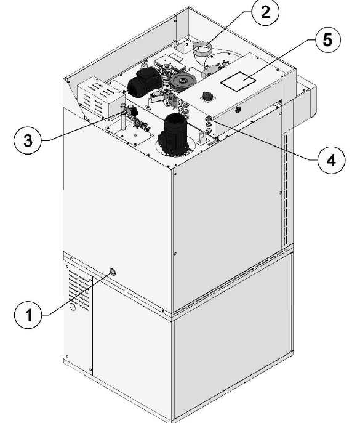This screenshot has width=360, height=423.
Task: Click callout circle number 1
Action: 28,315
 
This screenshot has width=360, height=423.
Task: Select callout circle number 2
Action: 265,12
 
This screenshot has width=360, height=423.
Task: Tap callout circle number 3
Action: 28,140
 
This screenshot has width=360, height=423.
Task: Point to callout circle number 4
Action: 331,161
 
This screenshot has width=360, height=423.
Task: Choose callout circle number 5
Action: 327,39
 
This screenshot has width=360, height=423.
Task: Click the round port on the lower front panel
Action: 113,272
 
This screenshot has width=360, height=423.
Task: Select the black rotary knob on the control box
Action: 207,96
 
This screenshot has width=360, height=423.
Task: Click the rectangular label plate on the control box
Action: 238,81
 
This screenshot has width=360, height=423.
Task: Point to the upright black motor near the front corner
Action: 174,135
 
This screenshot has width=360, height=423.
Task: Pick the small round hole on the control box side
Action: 238,109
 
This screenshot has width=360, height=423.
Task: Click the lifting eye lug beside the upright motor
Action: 202,137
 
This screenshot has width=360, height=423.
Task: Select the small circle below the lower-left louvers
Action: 73,307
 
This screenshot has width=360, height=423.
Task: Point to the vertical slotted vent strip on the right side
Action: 286,188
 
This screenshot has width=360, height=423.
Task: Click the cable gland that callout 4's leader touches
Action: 209,118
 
